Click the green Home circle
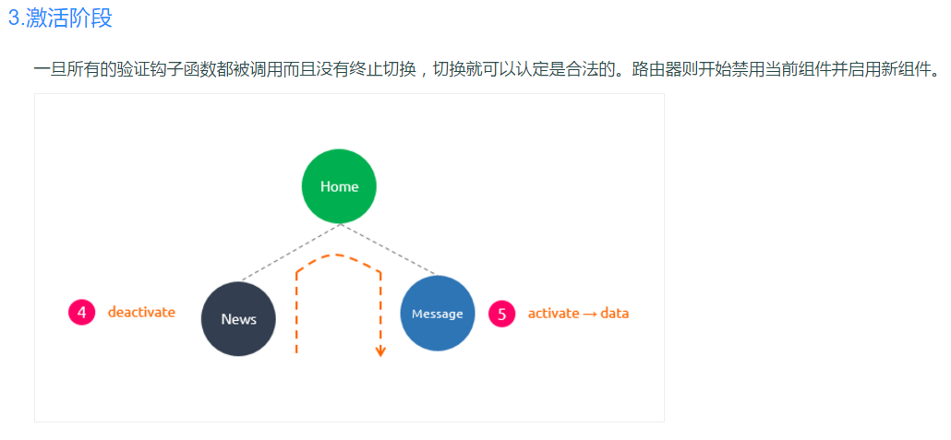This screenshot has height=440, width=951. click(x=339, y=186)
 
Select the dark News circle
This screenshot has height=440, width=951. click(x=238, y=319)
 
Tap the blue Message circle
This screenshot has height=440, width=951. click(x=437, y=314)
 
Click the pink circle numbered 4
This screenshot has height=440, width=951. click(x=82, y=313)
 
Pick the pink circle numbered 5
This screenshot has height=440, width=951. click(x=501, y=314)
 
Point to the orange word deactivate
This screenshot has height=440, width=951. click(x=141, y=312)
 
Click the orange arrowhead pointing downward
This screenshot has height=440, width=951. click(x=380, y=351)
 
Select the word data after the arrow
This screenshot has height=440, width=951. click(x=614, y=314)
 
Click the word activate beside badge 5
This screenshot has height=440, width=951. click(x=553, y=314)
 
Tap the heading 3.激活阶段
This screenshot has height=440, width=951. click(x=60, y=18)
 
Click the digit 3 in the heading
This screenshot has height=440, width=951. click(x=13, y=18)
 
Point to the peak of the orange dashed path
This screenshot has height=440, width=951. click(x=338, y=256)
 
